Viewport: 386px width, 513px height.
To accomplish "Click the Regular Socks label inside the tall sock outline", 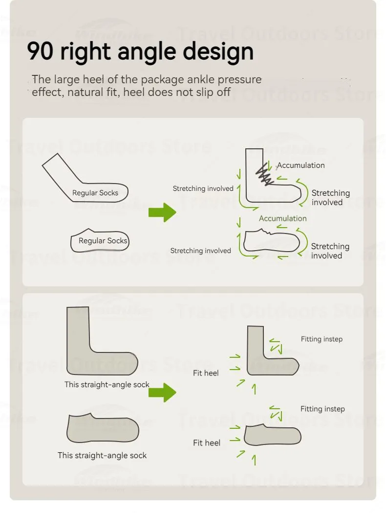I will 95,193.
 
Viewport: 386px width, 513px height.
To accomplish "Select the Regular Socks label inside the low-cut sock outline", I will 103,241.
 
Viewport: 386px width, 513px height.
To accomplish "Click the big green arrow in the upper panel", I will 162,212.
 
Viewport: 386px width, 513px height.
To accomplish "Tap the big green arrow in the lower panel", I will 162,392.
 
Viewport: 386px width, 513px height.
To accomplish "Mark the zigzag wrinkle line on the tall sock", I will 264,174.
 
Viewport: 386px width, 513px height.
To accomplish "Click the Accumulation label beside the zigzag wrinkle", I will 300,165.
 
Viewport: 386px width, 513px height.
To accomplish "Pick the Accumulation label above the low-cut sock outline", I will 282,218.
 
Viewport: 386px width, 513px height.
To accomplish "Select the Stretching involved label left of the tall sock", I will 203,188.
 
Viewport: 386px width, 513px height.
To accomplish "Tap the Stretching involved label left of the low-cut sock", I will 200,251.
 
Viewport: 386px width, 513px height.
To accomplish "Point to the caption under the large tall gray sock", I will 107,385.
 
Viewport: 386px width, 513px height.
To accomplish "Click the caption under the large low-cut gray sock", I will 102,455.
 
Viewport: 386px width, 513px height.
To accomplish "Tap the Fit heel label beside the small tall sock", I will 206,373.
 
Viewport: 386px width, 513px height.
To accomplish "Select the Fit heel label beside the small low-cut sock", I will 207,443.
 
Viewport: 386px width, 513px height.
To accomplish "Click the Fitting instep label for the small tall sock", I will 322,339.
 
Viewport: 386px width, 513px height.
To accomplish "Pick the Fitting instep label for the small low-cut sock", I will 322,409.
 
